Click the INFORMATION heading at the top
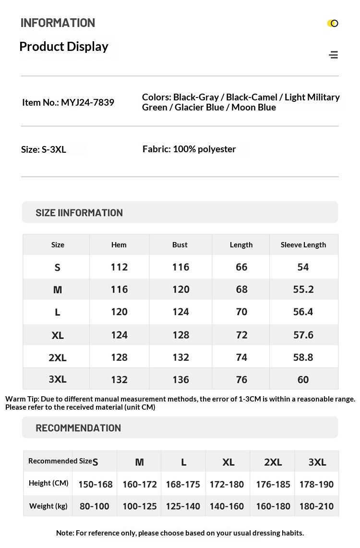tap(58, 23)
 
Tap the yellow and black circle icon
tap(333, 23)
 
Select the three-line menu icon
tap(334, 55)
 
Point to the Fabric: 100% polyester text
tap(189, 149)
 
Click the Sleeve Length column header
tap(303, 244)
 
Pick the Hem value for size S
tap(119, 267)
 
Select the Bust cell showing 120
tap(180, 289)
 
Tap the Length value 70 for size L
tap(241, 312)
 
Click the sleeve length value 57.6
tap(303, 334)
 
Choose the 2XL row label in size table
tap(58, 357)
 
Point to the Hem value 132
tap(119, 379)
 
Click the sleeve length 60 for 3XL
tap(303, 379)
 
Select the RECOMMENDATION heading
tap(78, 427)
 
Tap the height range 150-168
tap(95, 484)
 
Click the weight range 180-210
tap(316, 506)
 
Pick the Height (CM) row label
tap(48, 483)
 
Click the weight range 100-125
tap(140, 506)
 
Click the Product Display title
tap(64, 47)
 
